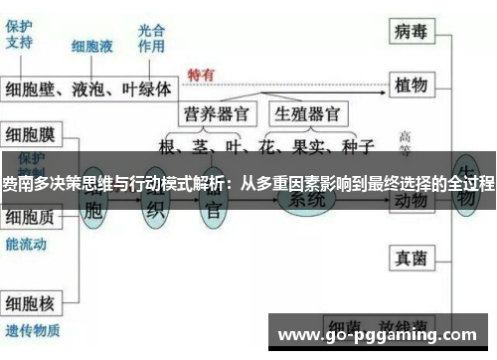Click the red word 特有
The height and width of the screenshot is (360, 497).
[201, 75]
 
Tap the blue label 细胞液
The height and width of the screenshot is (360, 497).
[91, 47]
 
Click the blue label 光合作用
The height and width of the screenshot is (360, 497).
[152, 38]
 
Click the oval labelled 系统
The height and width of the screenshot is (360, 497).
[306, 202]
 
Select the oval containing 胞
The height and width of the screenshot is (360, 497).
[93, 209]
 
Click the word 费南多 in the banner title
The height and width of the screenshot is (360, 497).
[22, 184]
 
